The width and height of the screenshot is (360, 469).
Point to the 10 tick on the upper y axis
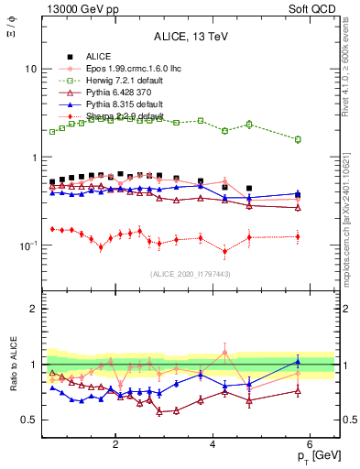tap(31, 70)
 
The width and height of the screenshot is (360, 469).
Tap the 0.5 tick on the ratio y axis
tap(29, 420)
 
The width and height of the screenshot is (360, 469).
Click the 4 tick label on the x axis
tap(213, 444)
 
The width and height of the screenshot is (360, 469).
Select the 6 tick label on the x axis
tap(310, 444)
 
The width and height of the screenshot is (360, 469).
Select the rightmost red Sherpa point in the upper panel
tap(297, 236)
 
